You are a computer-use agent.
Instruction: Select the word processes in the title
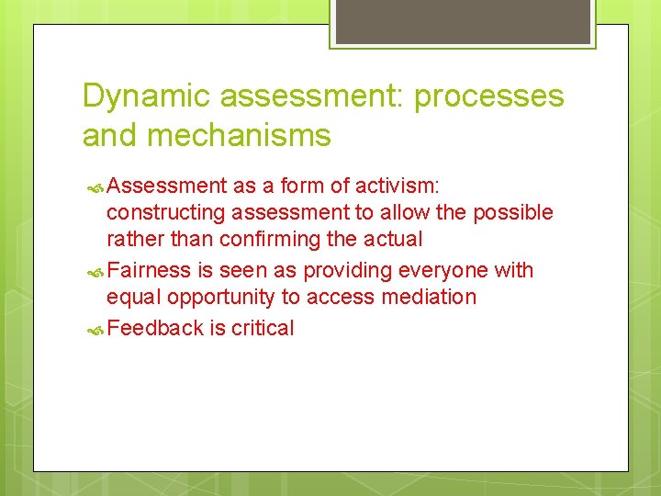[x=489, y=96]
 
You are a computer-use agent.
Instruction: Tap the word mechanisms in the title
[x=241, y=135]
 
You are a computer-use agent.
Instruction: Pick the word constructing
[x=166, y=213]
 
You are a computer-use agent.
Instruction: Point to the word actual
[x=394, y=240]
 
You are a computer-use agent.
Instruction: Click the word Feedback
[x=154, y=329]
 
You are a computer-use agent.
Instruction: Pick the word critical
[x=263, y=329]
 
